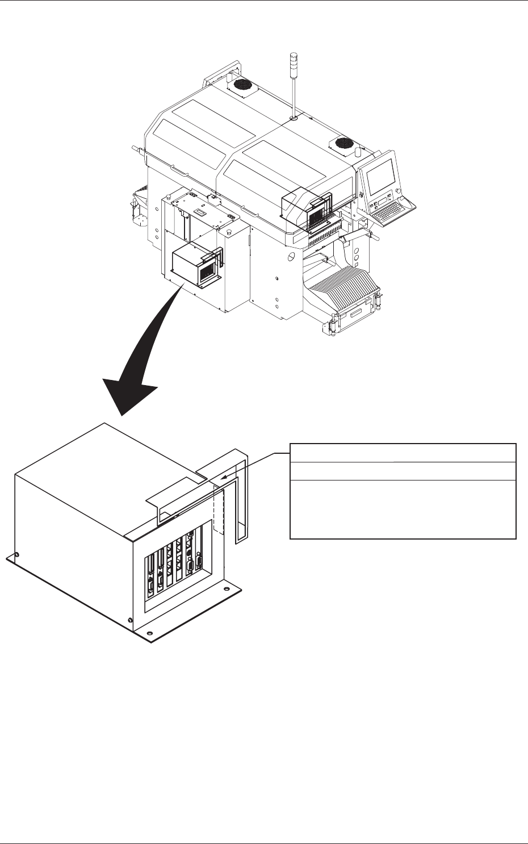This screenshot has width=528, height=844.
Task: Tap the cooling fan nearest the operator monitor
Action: (343, 143)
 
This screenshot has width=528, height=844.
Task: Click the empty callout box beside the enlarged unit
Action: (403, 508)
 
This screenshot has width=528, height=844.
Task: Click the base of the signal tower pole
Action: (293, 118)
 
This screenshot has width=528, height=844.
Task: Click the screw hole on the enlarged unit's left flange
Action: (19, 554)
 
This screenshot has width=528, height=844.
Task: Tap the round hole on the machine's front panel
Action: (290, 257)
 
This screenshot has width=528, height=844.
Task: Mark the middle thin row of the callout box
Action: (403, 471)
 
